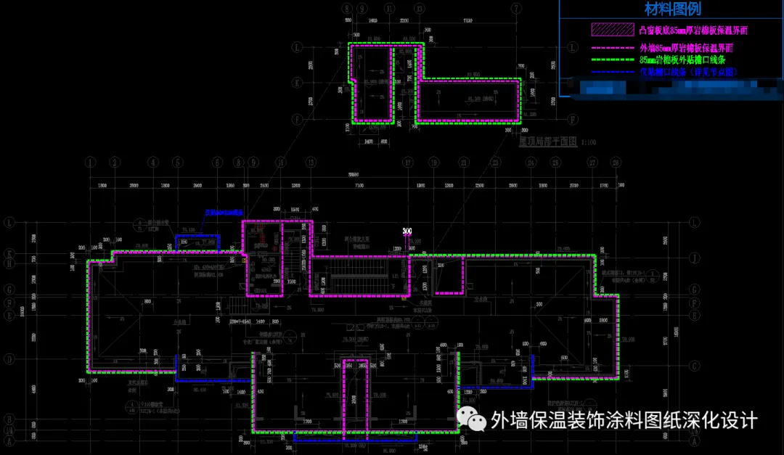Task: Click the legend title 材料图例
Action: pos(672,9)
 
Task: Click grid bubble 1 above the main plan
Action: pos(91,162)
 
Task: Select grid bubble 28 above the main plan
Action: pos(616,162)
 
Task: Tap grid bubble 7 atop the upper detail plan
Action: pos(516,8)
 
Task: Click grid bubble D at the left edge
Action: pos(9,358)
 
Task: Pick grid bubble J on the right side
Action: pos(695,257)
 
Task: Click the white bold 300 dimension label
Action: pos(407,231)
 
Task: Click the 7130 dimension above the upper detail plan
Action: pos(467,20)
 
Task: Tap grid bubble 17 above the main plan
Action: pos(407,162)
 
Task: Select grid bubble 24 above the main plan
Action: pos(531,162)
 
